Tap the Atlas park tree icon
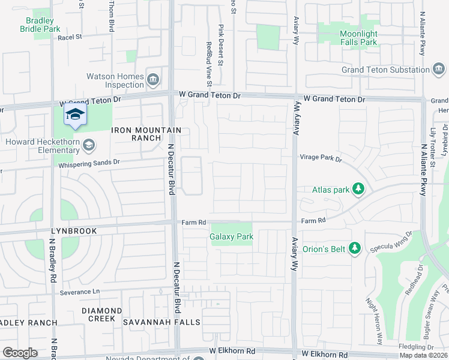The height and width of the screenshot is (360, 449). [x=358, y=190]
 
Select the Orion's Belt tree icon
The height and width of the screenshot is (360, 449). [x=355, y=247]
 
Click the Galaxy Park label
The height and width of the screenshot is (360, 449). [x=231, y=236]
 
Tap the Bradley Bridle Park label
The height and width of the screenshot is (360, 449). [x=40, y=25]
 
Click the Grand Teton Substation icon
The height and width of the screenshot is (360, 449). [x=439, y=70]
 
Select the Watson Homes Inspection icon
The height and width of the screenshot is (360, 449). [x=153, y=79]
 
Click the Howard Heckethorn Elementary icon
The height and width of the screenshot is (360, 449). [x=89, y=145]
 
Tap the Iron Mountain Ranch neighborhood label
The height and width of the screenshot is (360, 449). [x=146, y=134]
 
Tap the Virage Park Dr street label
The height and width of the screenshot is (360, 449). [x=321, y=159]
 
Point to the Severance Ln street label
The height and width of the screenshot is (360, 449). [x=79, y=292]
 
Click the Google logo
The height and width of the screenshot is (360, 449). [x=20, y=352]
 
